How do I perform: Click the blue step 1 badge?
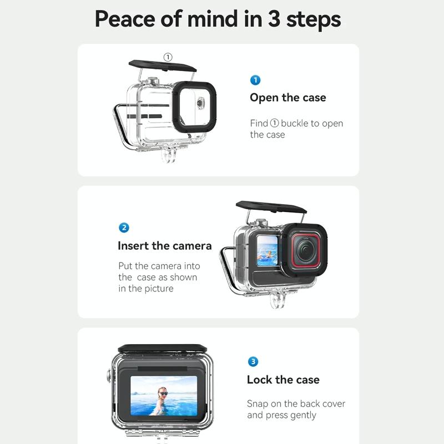click(x=255, y=80)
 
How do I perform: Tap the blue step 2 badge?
click(x=124, y=228)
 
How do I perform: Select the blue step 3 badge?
click(x=253, y=362)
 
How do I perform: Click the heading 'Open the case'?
click(x=287, y=98)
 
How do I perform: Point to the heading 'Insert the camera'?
click(x=164, y=246)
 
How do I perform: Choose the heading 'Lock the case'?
click(x=283, y=380)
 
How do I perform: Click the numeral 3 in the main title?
click(x=274, y=19)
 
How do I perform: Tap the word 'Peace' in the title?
click(x=125, y=19)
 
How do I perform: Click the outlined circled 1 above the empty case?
click(x=168, y=57)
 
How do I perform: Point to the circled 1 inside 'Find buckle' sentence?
click(x=274, y=123)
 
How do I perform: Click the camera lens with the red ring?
click(x=305, y=250)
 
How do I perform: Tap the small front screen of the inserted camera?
click(x=267, y=251)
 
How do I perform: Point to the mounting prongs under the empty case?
click(x=169, y=155)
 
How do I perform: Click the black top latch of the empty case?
click(x=162, y=66)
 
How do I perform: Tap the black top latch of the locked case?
click(x=162, y=349)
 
